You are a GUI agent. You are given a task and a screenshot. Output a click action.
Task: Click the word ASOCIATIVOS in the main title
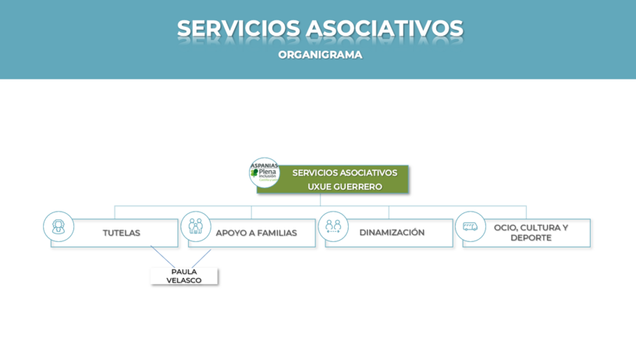[x=384, y=29]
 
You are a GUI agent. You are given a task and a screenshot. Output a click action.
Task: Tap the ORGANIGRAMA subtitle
[x=320, y=55]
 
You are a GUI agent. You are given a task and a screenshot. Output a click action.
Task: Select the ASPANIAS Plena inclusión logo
[x=264, y=173]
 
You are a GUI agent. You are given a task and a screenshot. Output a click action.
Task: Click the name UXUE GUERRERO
[x=344, y=187]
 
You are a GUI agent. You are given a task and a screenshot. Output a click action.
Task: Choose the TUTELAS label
[x=121, y=233]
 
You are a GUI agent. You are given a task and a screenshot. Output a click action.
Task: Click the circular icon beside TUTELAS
[x=59, y=226]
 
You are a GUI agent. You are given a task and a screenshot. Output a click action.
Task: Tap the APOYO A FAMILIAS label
[x=256, y=233]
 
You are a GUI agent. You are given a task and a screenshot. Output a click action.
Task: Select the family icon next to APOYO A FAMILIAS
[x=196, y=226]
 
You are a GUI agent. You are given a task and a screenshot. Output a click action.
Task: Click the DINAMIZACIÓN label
[x=392, y=233]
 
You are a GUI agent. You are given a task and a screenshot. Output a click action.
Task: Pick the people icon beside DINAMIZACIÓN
[x=333, y=226]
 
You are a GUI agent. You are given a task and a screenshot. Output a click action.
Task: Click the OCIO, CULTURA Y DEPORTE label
[x=531, y=233]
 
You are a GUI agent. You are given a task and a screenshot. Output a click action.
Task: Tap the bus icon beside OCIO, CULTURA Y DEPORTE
[x=470, y=226]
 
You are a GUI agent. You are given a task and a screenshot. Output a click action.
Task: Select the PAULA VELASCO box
[x=184, y=276]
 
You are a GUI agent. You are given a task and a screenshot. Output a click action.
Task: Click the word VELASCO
[x=184, y=280]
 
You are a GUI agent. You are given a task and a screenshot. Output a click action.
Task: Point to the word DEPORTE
[x=531, y=238]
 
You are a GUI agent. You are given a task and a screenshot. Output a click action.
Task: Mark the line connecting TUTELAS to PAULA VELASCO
[x=162, y=257]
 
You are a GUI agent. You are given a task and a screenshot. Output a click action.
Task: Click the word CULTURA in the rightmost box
[x=541, y=228]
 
